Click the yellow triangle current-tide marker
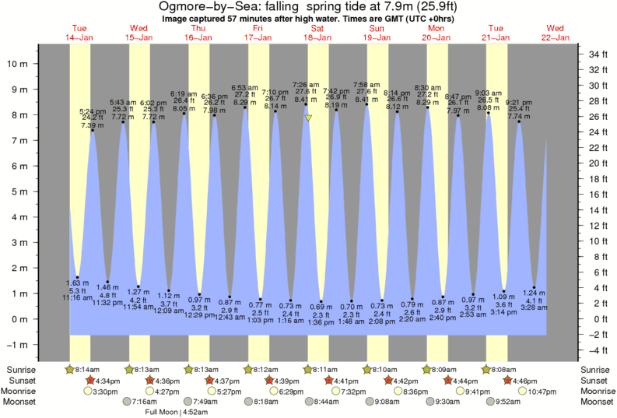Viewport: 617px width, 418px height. tap(309, 118)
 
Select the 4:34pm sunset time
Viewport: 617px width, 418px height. tap(107, 381)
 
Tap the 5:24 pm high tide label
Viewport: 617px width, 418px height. tap(93, 111)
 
